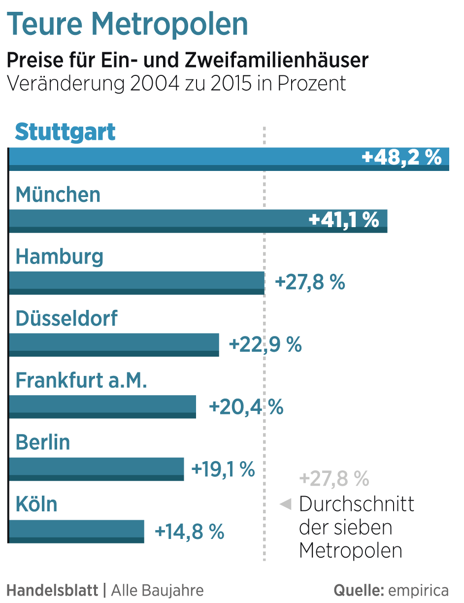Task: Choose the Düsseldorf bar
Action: [114, 345]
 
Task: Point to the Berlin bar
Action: [96, 469]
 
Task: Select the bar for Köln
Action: [76, 531]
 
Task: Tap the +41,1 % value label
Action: [344, 220]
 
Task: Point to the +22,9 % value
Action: [265, 344]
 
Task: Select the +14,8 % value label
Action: [190, 531]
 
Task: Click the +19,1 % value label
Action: [223, 469]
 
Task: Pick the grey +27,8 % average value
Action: [334, 478]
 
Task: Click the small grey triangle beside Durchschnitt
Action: [285, 504]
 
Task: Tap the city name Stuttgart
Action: [66, 132]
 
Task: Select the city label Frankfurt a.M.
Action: [81, 380]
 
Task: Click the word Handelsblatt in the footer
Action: [52, 590]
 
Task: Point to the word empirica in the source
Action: [418, 590]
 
